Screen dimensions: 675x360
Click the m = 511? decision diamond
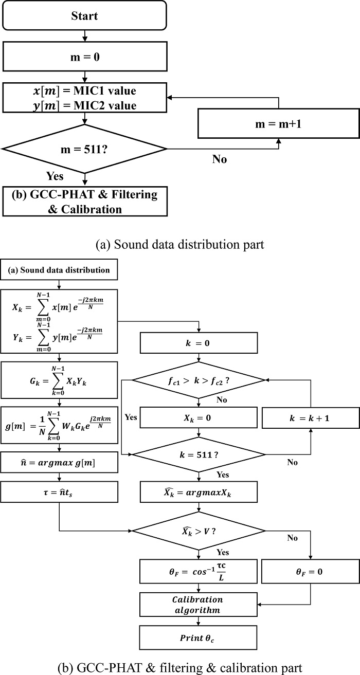pyautogui.click(x=84, y=149)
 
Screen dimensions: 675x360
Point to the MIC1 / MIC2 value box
pyautogui.click(x=84, y=98)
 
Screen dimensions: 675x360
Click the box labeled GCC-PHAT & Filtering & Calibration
pyautogui.click(x=84, y=202)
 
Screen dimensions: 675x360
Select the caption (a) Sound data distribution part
pyautogui.click(x=180, y=245)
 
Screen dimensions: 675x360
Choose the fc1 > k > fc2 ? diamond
pyautogui.click(x=198, y=380)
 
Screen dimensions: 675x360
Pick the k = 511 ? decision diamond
pyautogui.click(x=198, y=455)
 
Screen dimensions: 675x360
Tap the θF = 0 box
pyautogui.click(x=311, y=571)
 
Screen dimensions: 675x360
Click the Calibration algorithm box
pyautogui.click(x=198, y=605)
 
